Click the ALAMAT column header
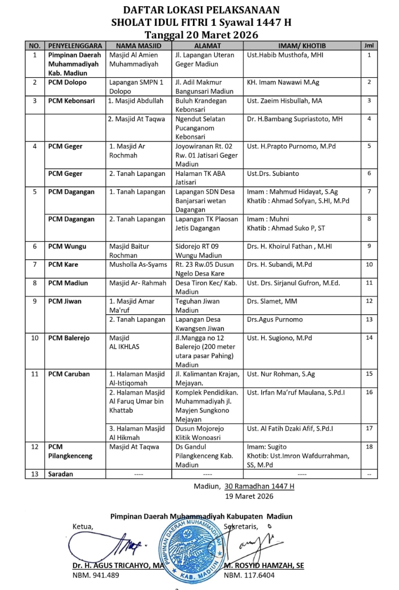tap(207, 46)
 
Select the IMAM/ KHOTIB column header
tap(302, 46)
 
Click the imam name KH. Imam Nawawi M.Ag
tap(283, 82)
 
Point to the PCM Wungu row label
tap(67, 246)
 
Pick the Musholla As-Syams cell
tap(138, 264)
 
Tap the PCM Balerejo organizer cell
tap(69, 338)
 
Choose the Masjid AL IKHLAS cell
tap(124, 342)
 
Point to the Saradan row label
tap(61, 474)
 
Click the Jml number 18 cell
tap(369, 446)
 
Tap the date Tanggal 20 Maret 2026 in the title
tap(201, 35)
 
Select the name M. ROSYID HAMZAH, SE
tap(264, 566)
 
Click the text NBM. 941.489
tap(96, 575)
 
